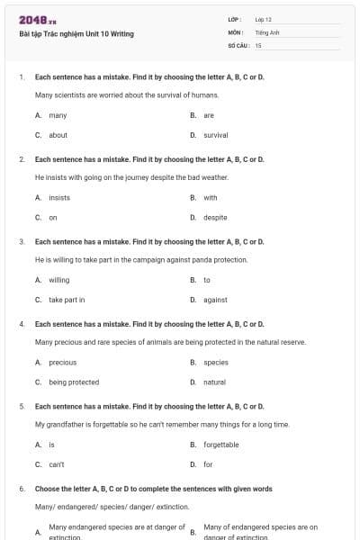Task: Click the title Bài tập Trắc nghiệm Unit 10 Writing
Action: pyautogui.click(x=76, y=34)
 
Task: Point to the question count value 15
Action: pyautogui.click(x=258, y=44)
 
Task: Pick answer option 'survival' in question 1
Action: pyautogui.click(x=216, y=135)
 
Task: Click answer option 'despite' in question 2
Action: pyautogui.click(x=215, y=217)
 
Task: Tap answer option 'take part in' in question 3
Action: pyautogui.click(x=67, y=300)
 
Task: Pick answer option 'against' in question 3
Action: pyautogui.click(x=215, y=300)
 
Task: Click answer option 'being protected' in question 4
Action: pyautogui.click(x=74, y=382)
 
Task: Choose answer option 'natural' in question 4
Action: pyautogui.click(x=214, y=382)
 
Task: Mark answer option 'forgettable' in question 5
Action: pyautogui.click(x=221, y=445)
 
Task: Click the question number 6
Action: pyautogui.click(x=21, y=488)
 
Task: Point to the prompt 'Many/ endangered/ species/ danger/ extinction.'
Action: pyautogui.click(x=99, y=507)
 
